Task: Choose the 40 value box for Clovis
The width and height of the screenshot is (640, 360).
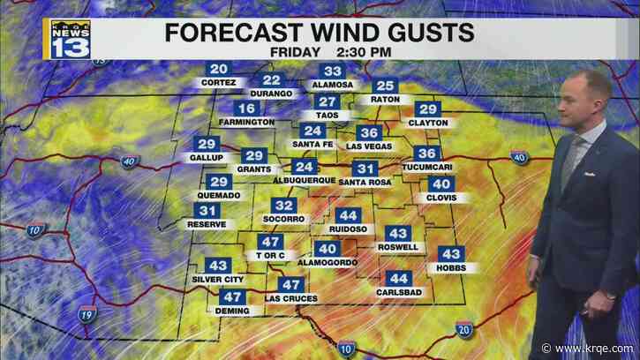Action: [440, 184]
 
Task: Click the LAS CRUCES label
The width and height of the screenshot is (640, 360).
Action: [290, 299]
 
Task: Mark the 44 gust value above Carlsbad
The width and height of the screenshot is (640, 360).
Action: [398, 278]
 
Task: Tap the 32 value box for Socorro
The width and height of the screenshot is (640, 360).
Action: [284, 206]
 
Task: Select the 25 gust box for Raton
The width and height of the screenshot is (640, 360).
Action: [384, 86]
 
